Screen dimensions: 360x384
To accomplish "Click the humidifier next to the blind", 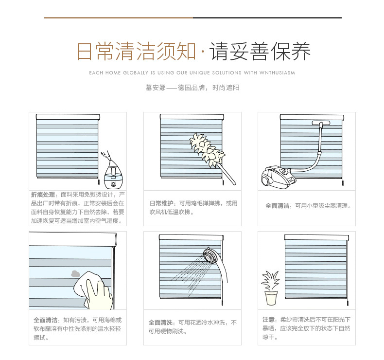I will tap(113, 176).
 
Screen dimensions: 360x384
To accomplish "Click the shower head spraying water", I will tap(211, 256).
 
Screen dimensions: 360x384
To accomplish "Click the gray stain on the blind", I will tap(75, 274).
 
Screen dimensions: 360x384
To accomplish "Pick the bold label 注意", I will tap(268, 320).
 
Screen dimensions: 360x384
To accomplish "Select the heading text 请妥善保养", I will tap(260, 52).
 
